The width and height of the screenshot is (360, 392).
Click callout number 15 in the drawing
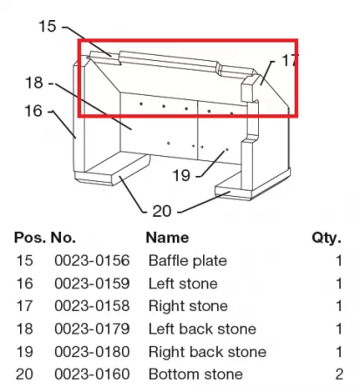47,26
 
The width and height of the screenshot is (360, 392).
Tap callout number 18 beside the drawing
34,83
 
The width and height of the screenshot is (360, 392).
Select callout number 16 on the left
33,111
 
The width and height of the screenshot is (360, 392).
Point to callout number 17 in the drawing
290,60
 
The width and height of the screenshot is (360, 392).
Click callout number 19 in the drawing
181,175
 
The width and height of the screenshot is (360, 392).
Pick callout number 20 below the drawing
162,211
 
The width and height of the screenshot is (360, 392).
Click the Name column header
167,238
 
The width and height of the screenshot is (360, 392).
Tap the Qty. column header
327,239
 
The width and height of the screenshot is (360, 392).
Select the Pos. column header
30,238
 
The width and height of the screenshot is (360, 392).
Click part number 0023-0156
92,260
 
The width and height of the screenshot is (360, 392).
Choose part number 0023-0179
92,329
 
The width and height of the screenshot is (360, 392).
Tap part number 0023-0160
92,375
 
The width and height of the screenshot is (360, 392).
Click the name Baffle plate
187,260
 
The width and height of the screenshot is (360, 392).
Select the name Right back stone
207,352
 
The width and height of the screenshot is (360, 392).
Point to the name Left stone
183,283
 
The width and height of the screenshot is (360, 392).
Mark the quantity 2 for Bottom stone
339,375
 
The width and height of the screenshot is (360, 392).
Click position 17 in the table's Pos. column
24,306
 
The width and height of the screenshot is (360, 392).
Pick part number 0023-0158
92,306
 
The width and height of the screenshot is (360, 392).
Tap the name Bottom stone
196,375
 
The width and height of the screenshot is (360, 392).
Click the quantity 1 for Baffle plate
339,260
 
